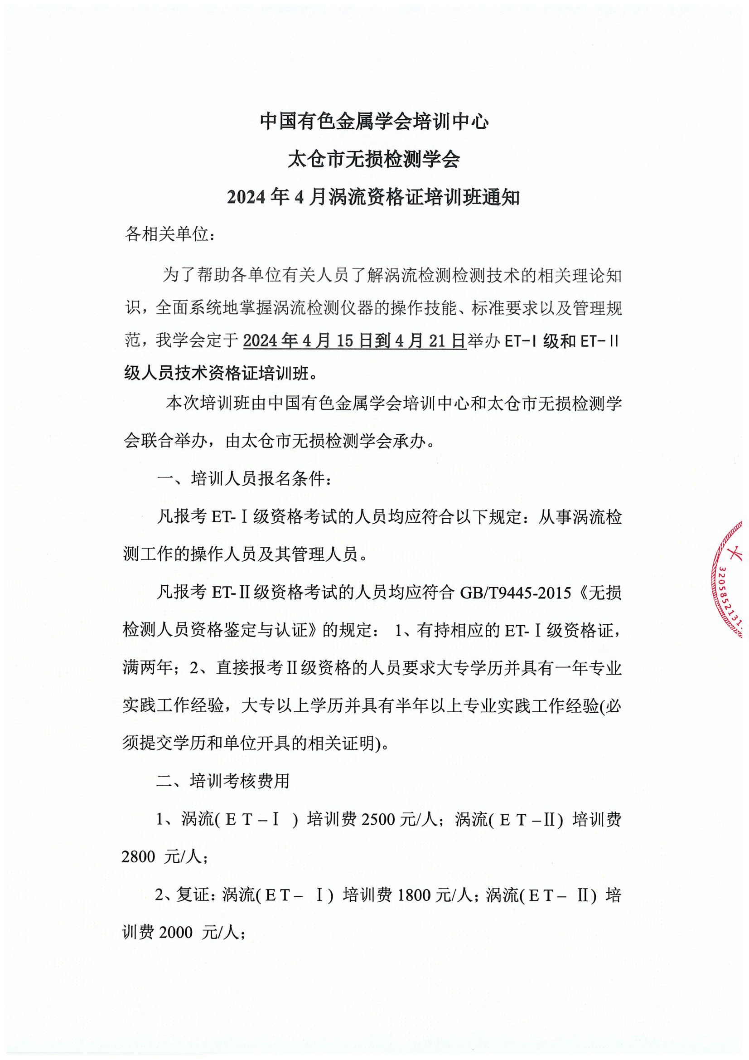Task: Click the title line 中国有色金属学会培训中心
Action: tap(374, 122)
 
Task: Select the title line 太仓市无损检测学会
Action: tap(374, 159)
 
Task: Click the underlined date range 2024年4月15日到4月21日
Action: tap(354, 341)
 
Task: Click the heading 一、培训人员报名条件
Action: tap(244, 478)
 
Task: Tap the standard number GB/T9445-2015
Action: tap(515, 592)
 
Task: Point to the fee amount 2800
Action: tap(139, 857)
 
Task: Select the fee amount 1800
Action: tap(414, 895)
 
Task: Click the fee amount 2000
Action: tap(176, 933)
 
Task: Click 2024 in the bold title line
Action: tap(246, 198)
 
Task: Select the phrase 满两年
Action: tap(147, 667)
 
